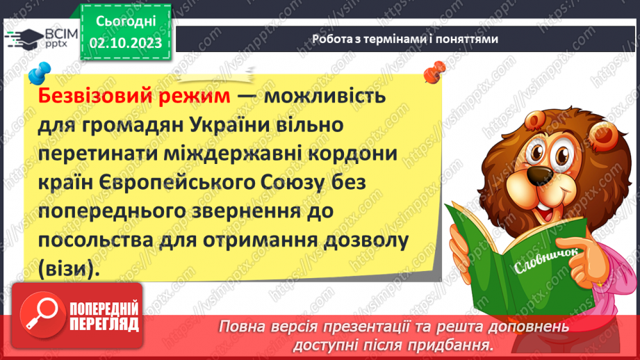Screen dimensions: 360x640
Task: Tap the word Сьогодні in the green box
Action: (125, 22)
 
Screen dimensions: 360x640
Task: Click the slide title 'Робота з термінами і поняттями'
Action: (405, 40)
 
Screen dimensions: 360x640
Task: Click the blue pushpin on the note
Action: (40, 72)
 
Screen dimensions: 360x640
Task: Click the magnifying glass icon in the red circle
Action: (44, 317)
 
